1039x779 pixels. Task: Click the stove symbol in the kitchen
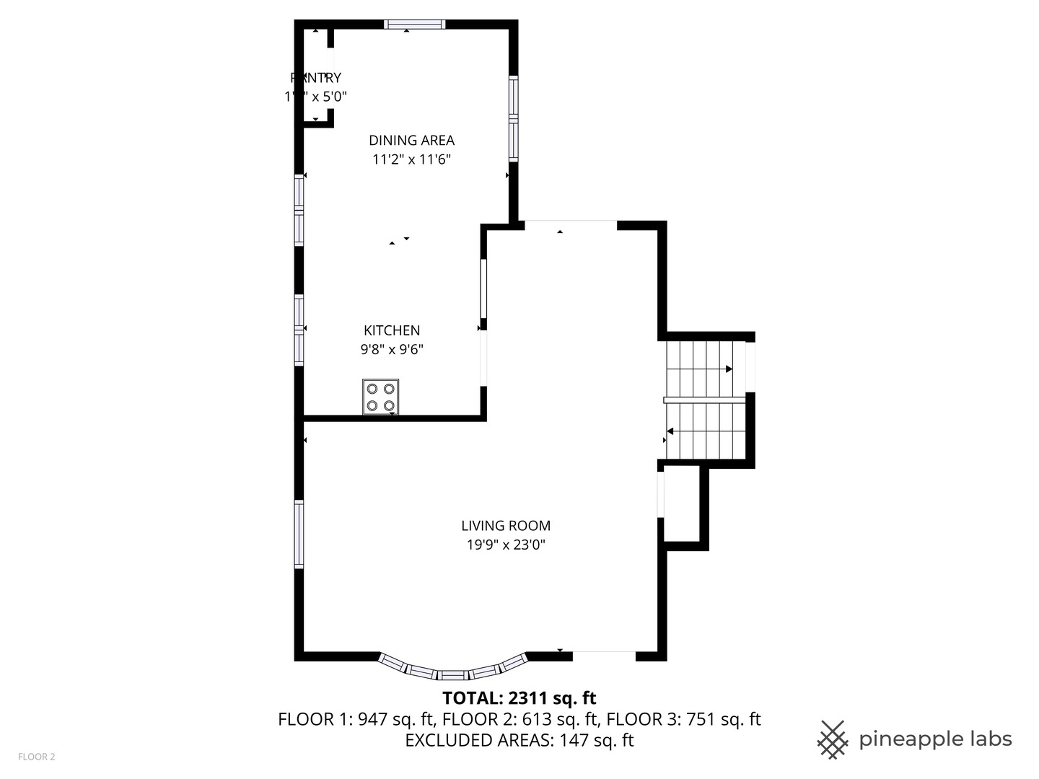[x=380, y=397]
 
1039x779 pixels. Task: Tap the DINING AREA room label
[x=411, y=141]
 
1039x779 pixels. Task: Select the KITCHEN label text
[x=392, y=330]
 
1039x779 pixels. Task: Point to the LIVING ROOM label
[x=506, y=526]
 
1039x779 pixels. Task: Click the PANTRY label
[x=316, y=78]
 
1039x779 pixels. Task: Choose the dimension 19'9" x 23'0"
[x=506, y=545]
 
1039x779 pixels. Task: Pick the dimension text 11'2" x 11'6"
[x=411, y=159]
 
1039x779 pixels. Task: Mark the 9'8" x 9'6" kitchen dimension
[x=392, y=350]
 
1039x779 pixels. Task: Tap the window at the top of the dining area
[x=414, y=25]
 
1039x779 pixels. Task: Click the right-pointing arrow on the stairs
[x=729, y=369]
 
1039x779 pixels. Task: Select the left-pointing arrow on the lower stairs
[x=670, y=431]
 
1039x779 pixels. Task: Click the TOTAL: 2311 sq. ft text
[x=519, y=698]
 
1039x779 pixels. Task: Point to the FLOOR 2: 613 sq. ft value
[x=520, y=719]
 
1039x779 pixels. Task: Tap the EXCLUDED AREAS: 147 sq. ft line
[x=519, y=740]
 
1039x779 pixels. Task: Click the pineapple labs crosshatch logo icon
[x=833, y=739]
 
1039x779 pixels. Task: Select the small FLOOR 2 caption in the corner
[x=37, y=757]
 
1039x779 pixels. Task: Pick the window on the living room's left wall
[x=299, y=534]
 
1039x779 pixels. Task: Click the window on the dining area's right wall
[x=513, y=118]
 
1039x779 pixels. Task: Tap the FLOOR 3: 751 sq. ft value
[x=683, y=719]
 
